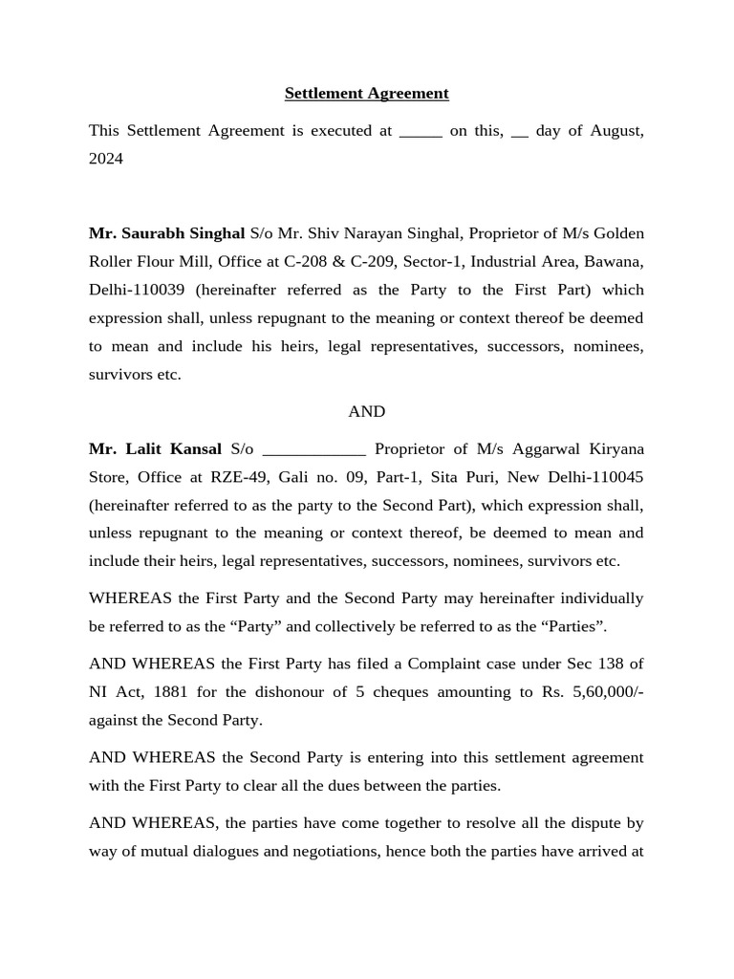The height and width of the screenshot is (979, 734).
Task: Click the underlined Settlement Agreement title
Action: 366,94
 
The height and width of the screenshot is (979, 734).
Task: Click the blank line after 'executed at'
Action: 421,132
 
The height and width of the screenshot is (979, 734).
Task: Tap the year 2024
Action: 106,159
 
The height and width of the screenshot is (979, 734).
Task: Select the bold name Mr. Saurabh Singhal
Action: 167,233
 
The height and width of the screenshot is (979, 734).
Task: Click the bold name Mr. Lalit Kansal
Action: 155,448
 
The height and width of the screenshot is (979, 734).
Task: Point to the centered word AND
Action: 366,411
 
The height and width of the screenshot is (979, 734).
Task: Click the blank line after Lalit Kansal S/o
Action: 313,449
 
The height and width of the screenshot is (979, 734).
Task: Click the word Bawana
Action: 619,262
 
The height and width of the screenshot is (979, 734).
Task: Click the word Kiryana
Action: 610,448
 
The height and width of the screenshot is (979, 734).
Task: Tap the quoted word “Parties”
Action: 575,626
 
